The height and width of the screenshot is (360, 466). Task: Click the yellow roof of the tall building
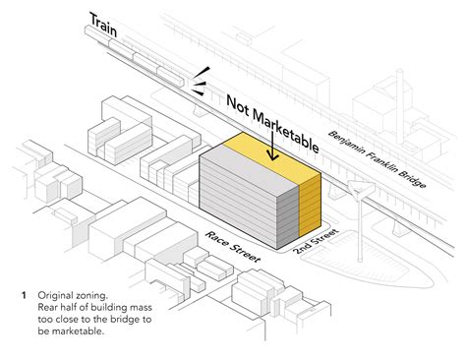[259, 148]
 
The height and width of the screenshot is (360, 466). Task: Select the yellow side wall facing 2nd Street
[311, 201]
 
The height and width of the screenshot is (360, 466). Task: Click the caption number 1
[23, 295]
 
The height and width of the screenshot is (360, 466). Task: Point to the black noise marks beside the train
[201, 79]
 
